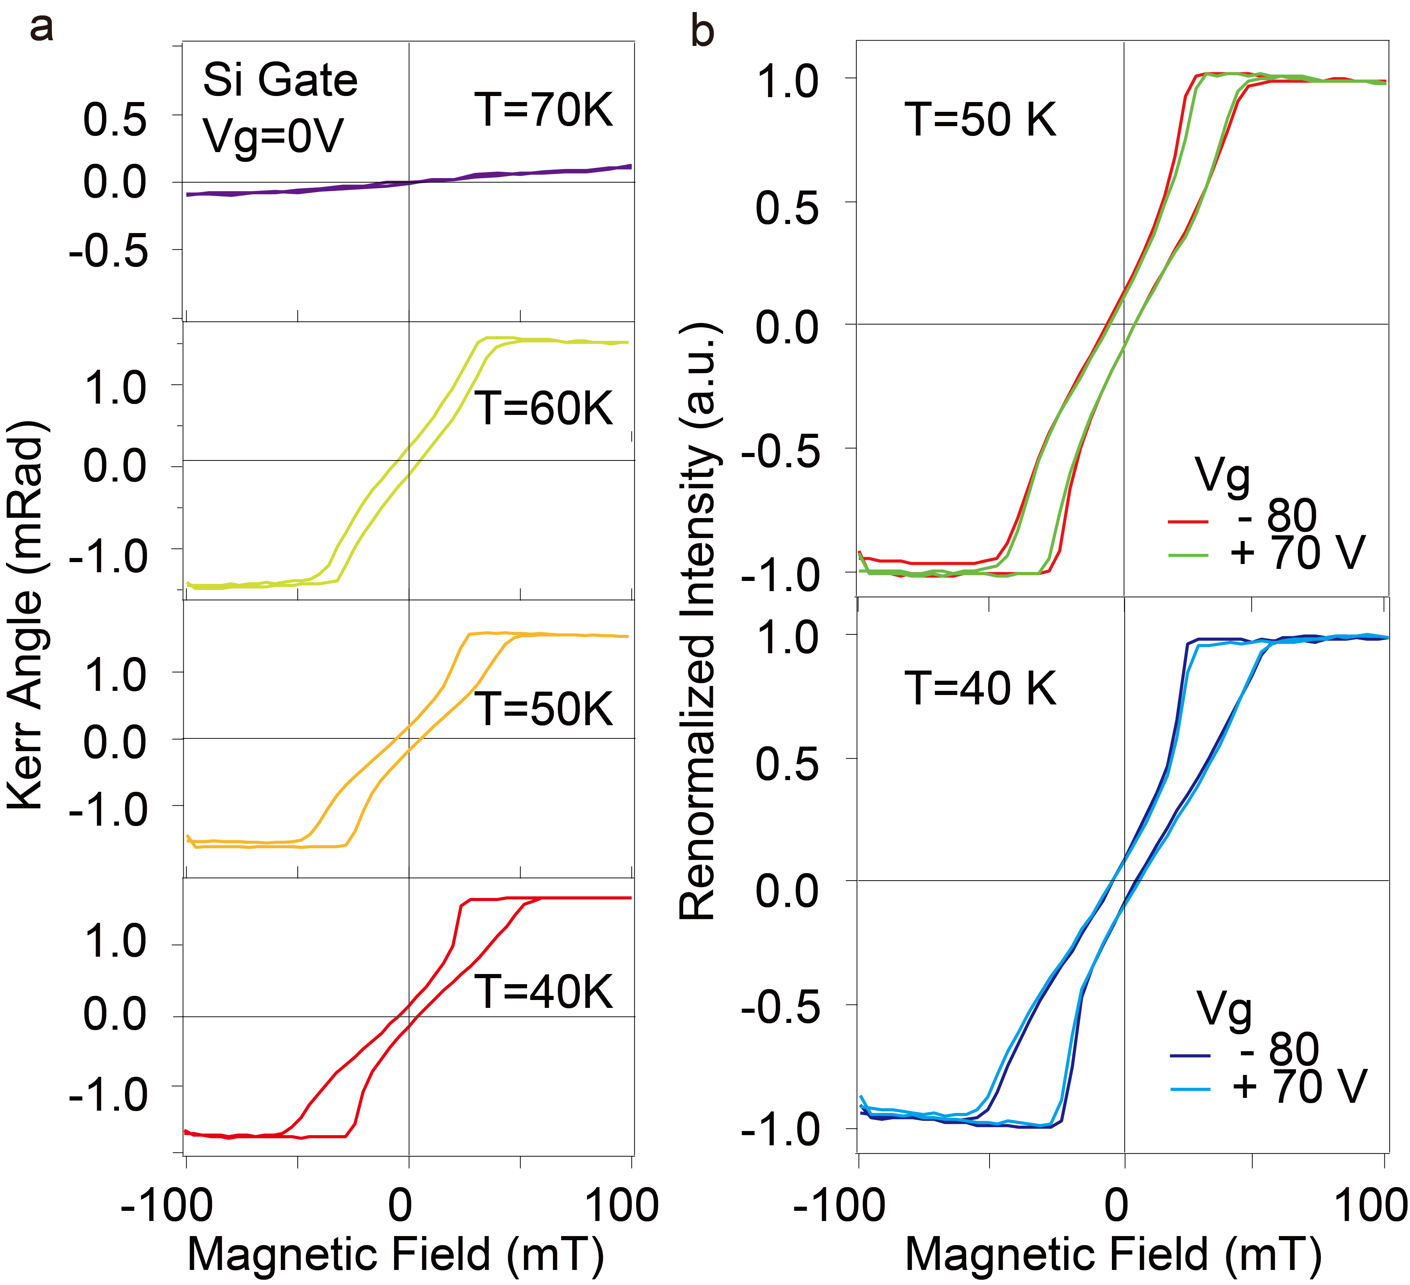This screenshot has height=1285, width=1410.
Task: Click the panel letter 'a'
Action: click(41, 29)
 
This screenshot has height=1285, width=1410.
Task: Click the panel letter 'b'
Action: click(702, 32)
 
